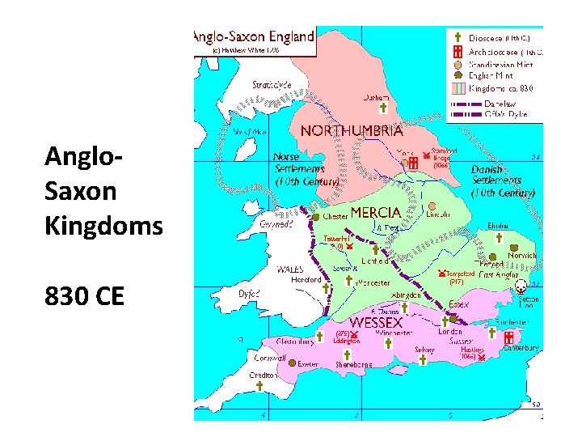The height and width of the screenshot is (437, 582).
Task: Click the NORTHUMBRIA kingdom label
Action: coord(352,130)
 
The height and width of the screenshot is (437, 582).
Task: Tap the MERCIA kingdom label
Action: coord(375,212)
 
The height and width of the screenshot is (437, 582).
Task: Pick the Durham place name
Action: coord(376,97)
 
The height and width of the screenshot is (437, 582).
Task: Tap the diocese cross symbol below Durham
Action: coord(383,108)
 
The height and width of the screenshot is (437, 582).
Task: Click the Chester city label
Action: coord(335,217)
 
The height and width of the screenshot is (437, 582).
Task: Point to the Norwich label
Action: coord(521,256)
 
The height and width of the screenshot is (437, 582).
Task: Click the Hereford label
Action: coord(306,280)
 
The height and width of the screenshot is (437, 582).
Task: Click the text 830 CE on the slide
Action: coord(85,296)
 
